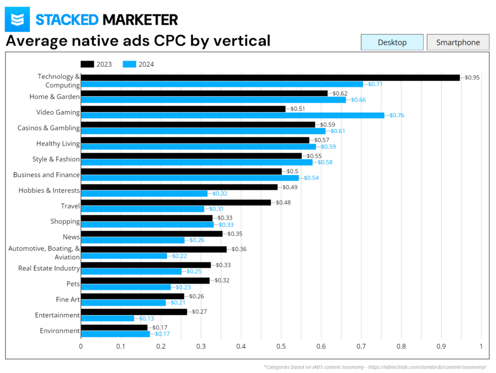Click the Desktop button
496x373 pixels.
(392, 42)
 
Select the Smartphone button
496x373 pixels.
(458, 42)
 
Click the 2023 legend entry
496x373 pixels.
(96, 64)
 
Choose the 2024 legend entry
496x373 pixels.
(138, 64)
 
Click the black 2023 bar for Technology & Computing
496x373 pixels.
(270, 77)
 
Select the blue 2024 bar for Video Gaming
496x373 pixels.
(232, 115)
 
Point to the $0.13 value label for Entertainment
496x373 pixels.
(146, 318)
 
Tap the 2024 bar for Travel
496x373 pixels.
(142, 209)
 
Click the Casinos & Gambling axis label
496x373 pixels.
(48, 128)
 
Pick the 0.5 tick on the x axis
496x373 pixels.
(281, 346)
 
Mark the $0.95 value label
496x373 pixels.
(472, 77)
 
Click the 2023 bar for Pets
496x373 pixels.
(145, 281)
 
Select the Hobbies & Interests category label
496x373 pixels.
(49, 190)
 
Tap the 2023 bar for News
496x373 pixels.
(151, 234)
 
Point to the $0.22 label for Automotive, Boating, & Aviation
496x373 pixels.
(179, 256)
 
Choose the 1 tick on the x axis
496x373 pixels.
(481, 346)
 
